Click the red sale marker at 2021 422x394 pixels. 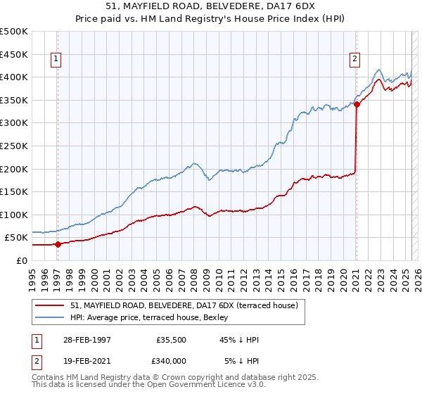click(x=357, y=104)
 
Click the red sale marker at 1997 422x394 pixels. click(x=58, y=244)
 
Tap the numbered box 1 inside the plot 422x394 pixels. click(x=55, y=59)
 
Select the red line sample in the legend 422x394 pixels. click(x=50, y=305)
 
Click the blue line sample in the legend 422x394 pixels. click(x=50, y=317)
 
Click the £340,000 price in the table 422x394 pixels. click(x=174, y=361)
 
